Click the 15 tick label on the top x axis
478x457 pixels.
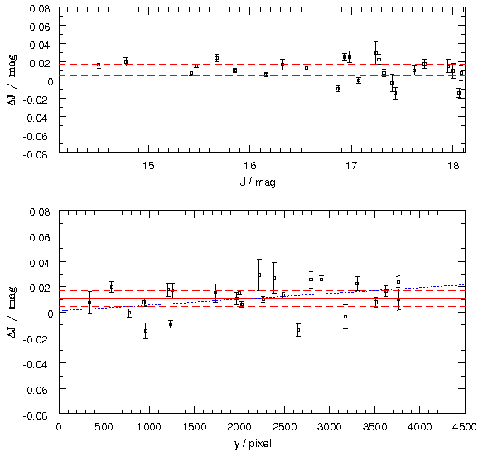coord(149,166)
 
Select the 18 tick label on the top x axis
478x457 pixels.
coord(453,166)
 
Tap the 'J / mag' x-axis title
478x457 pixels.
coord(258,182)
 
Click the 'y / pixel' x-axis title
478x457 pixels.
coord(253,443)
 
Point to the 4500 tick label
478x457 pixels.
coord(464,427)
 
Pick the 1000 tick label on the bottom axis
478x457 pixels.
coord(148,427)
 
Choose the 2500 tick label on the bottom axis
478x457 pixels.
coord(284,427)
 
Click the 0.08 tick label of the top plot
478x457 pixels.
coord(39,8)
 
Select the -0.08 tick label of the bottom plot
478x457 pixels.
coord(36,416)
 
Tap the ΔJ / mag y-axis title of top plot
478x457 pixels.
coord(12,80)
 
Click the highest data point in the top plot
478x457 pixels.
coord(376,53)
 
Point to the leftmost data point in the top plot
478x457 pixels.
coord(99,65)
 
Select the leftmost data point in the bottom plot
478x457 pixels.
coord(89,303)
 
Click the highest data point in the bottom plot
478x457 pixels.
coord(259,275)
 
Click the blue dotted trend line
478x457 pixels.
coord(262,298)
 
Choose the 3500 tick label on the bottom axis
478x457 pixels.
coord(374,427)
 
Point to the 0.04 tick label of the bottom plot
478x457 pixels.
coord(39,263)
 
